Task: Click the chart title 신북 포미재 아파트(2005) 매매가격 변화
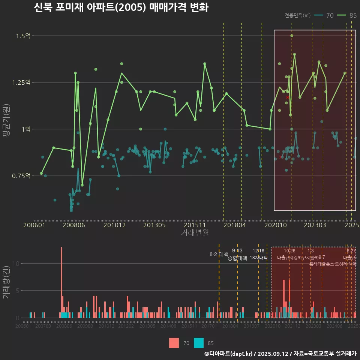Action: [121, 7]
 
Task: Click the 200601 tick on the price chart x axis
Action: [34, 225]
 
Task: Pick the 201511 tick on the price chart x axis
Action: [195, 225]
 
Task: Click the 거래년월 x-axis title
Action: [195, 233]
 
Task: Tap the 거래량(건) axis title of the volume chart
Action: [6, 282]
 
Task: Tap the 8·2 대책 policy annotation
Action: [219, 254]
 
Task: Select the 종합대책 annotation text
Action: [237, 258]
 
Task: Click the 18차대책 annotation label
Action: [258, 258]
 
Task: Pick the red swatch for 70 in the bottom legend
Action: [174, 343]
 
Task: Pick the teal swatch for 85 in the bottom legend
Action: [199, 343]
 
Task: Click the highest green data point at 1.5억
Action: [292, 36]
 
